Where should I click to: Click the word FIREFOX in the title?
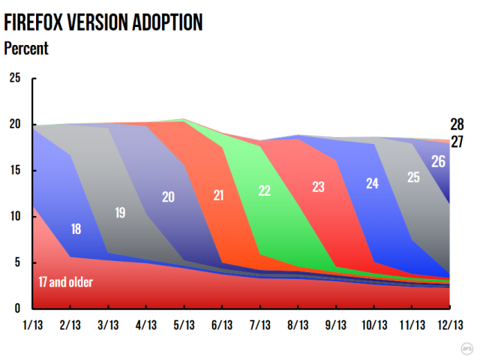pyautogui.click(x=33, y=22)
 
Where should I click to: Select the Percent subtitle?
pyautogui.click(x=26, y=48)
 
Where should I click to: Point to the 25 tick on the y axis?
pyautogui.click(x=15, y=78)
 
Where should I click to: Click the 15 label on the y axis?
pyautogui.click(x=15, y=170)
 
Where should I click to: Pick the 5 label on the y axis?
pyautogui.click(x=18, y=262)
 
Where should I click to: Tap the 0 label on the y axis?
pyautogui.click(x=18, y=308)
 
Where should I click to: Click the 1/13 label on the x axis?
pyautogui.click(x=33, y=325)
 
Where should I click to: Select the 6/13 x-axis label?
pyautogui.click(x=222, y=325)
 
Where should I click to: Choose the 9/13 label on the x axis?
pyautogui.click(x=335, y=325)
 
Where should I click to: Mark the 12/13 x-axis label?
pyautogui.click(x=450, y=325)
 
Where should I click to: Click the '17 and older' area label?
pyautogui.click(x=66, y=282)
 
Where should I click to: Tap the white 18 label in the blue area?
pyautogui.click(x=76, y=229)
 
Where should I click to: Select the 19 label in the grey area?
pyautogui.click(x=120, y=213)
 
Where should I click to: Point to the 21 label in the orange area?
pyautogui.click(x=218, y=195)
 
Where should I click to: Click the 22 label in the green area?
pyautogui.click(x=265, y=190)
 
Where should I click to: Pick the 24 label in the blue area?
pyautogui.click(x=372, y=183)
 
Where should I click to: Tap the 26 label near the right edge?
pyautogui.click(x=438, y=161)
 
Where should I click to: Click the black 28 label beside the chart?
pyautogui.click(x=457, y=124)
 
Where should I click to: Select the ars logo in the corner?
pyautogui.click(x=466, y=348)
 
